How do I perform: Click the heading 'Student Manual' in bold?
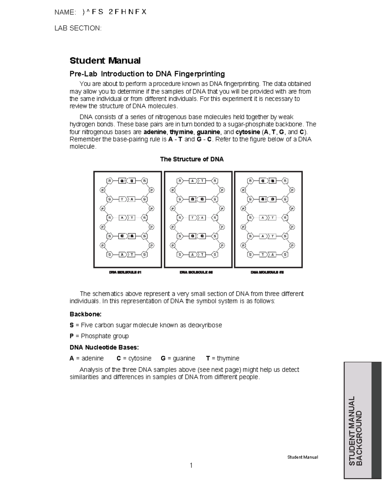click(105, 61)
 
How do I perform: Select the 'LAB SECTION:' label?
click(78, 28)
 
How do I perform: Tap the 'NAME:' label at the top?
click(65, 12)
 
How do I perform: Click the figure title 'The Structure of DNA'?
click(192, 159)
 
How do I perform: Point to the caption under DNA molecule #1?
click(125, 272)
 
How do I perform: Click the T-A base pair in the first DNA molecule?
click(127, 199)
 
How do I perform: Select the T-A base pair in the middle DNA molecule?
click(197, 218)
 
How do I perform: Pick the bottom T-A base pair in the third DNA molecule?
click(268, 255)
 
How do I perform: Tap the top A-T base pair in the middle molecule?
click(197, 181)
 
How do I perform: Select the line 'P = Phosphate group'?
click(99, 336)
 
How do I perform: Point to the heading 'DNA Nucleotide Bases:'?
click(104, 347)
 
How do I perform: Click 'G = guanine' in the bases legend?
click(178, 358)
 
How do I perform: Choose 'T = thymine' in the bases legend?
click(223, 358)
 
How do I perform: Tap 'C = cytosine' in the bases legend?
click(134, 358)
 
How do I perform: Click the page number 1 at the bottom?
click(191, 465)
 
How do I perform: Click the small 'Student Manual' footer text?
click(303, 457)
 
